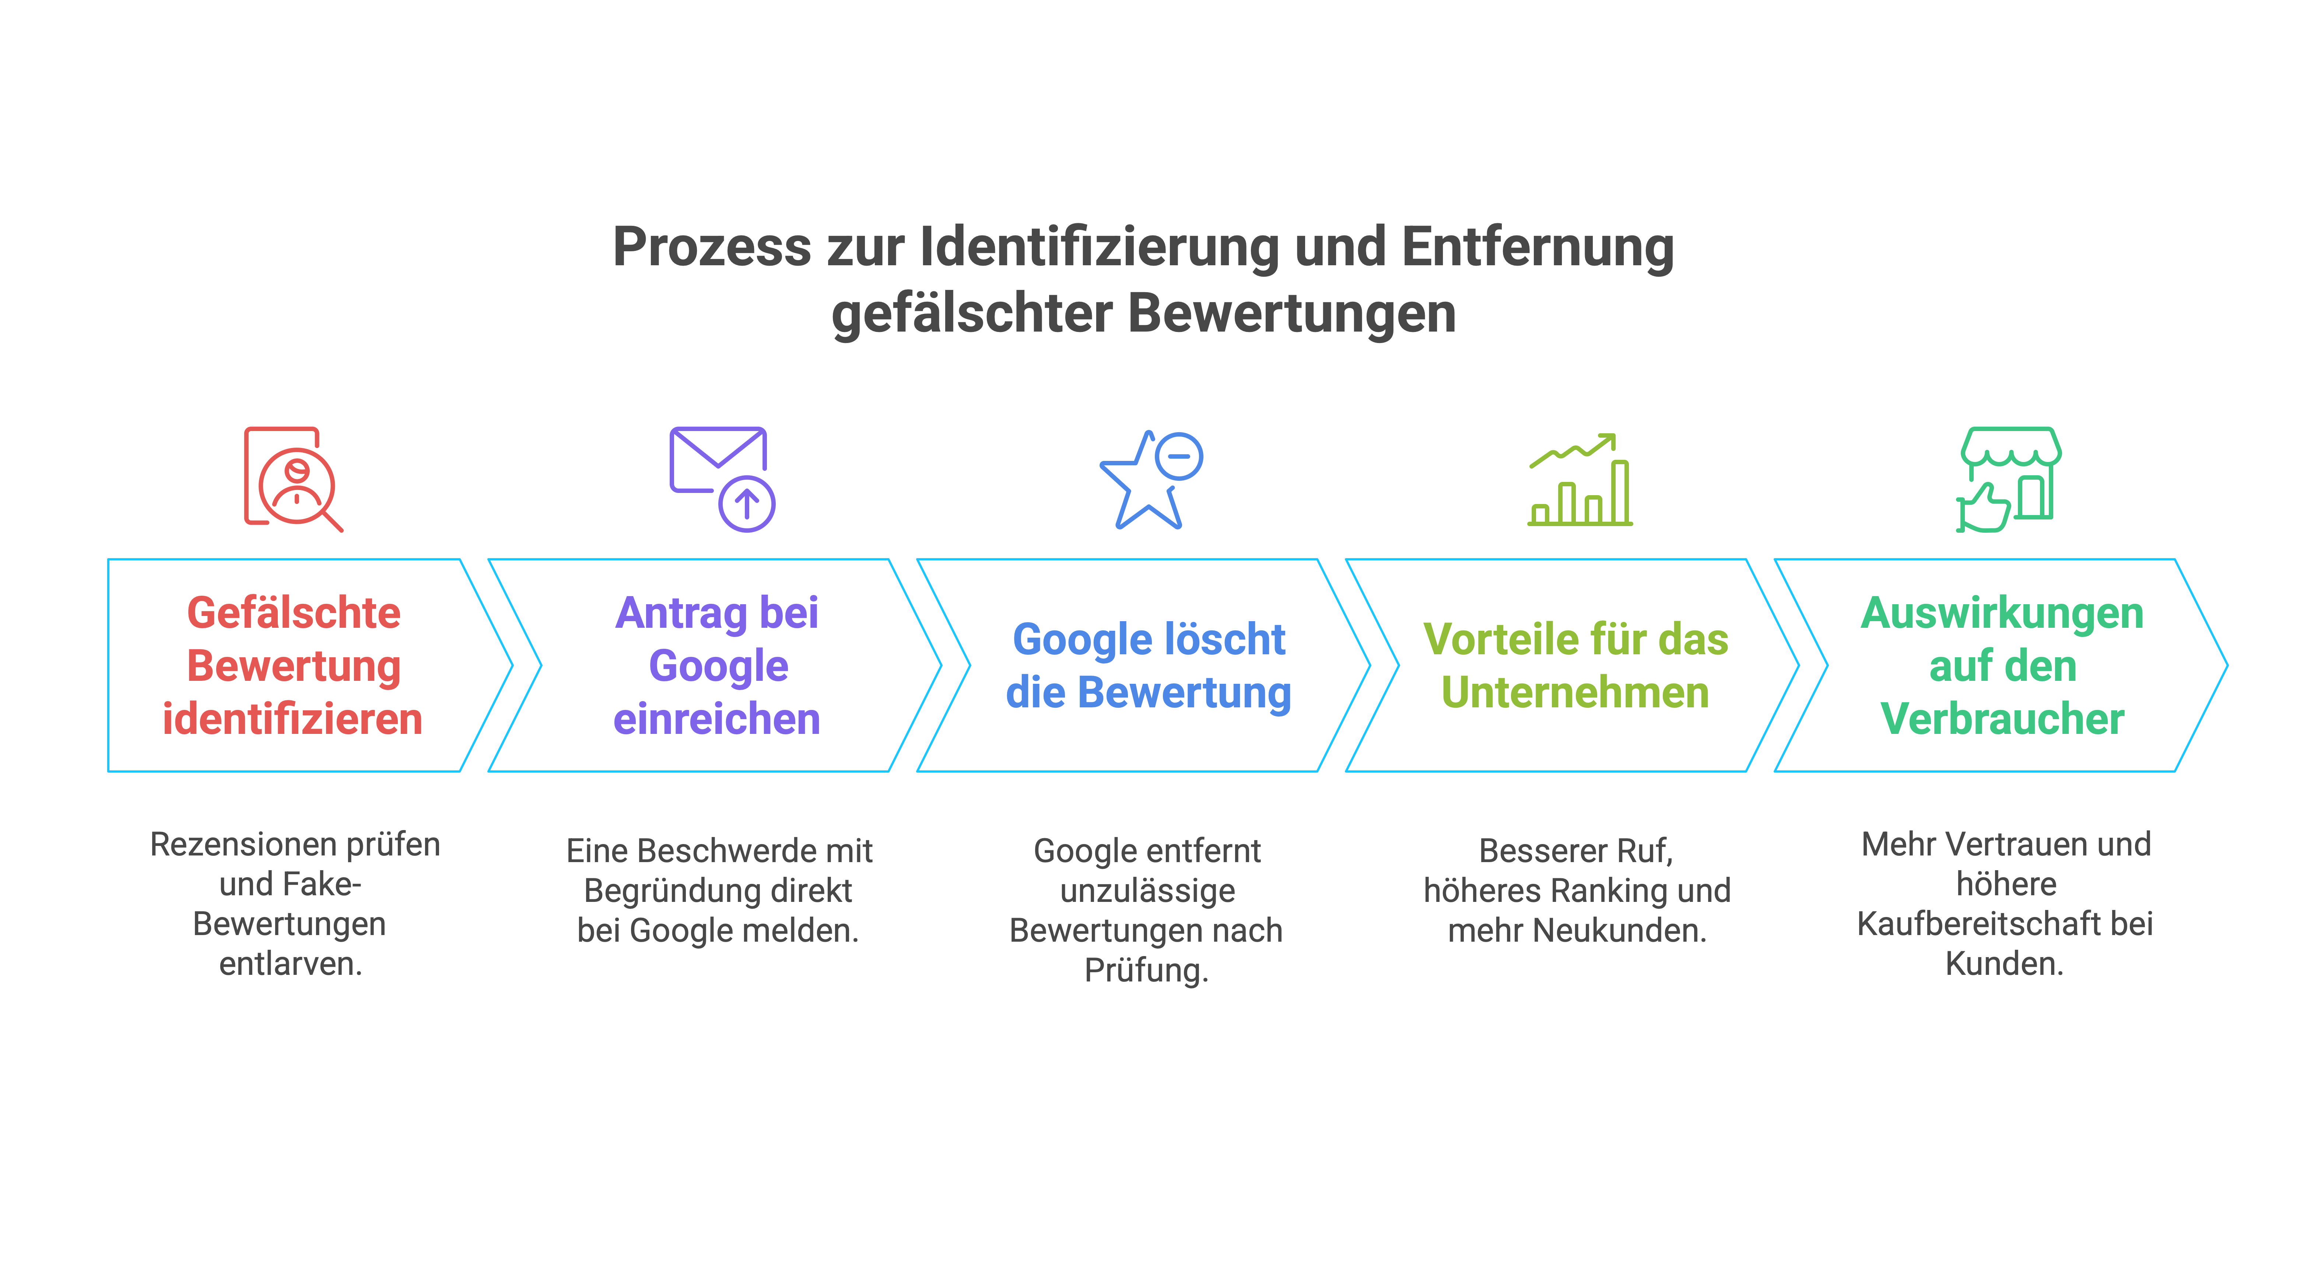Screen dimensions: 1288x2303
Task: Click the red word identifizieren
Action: pyautogui.click(x=292, y=719)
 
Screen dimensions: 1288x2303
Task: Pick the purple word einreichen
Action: pyautogui.click(x=717, y=719)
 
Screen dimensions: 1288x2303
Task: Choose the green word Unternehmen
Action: pyautogui.click(x=1575, y=692)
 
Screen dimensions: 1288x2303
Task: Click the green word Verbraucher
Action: pyautogui.click(x=2003, y=719)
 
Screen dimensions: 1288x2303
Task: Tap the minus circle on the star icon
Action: pyautogui.click(x=1179, y=457)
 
